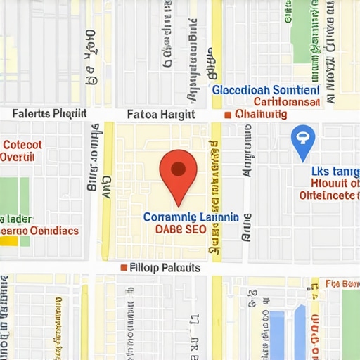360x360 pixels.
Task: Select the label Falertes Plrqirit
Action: click(x=49, y=113)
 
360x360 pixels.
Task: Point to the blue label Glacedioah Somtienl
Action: click(x=266, y=91)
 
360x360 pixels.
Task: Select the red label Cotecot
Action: click(x=22, y=144)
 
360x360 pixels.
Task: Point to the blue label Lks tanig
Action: click(x=335, y=171)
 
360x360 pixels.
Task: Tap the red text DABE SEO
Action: click(x=181, y=229)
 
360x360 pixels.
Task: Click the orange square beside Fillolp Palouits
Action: click(x=124, y=268)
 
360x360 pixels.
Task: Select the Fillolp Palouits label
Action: click(x=165, y=268)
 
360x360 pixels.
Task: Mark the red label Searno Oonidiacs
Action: click(x=39, y=230)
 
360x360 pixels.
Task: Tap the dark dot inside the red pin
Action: click(x=179, y=168)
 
